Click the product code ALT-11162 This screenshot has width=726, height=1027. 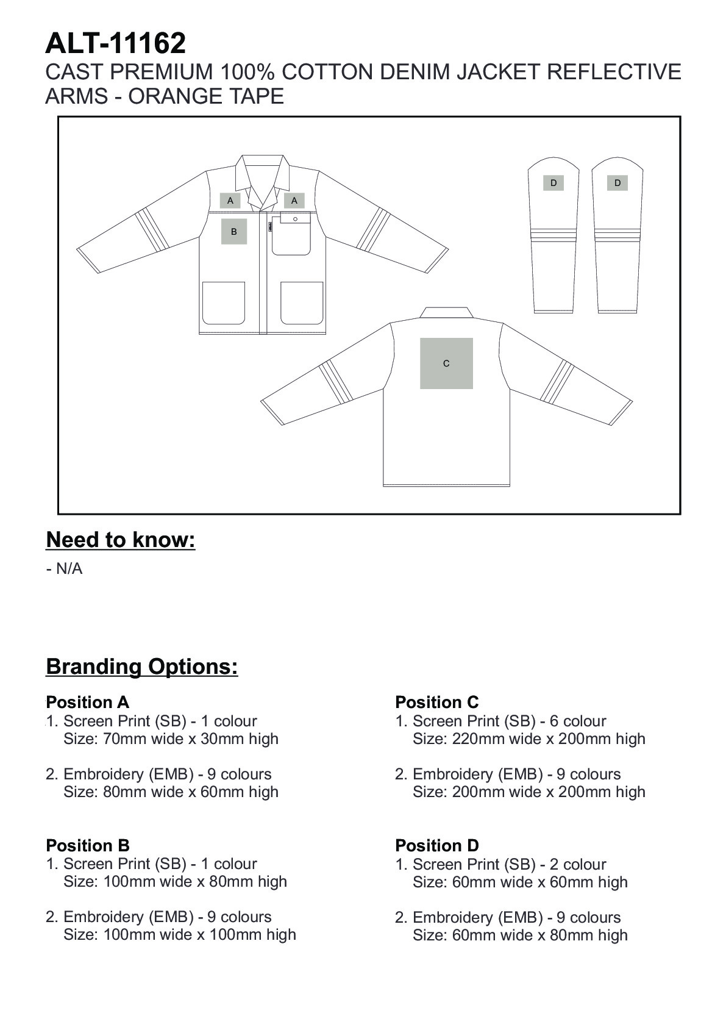point(115,43)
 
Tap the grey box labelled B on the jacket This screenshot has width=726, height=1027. point(233,232)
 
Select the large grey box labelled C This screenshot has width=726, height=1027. point(446,363)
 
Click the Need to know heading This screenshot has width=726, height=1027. point(120,540)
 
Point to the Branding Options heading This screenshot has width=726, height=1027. point(141,667)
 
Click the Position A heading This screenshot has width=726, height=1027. point(87,703)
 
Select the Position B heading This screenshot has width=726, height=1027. point(87,846)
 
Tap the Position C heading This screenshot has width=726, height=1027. point(436,703)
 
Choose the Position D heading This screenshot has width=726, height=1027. point(436,846)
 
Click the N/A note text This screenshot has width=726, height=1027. point(65,569)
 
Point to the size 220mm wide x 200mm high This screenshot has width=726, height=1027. point(528,739)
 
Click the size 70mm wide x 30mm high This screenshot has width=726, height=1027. point(171,739)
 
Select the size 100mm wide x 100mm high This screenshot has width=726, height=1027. point(179,935)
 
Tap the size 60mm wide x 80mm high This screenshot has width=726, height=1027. point(519,936)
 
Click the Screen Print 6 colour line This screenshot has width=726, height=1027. point(500,721)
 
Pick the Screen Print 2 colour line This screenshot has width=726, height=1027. point(500,865)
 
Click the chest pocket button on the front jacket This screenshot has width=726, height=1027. point(295,218)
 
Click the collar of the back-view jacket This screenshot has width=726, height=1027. point(446,312)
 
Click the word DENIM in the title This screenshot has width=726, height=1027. point(416,72)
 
